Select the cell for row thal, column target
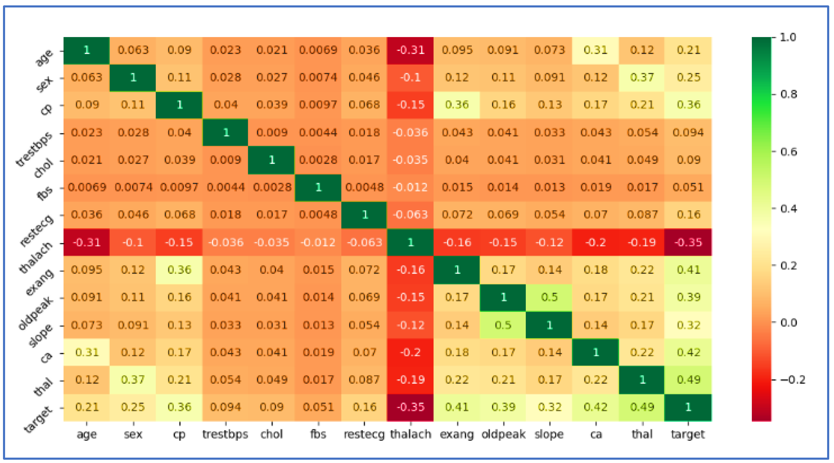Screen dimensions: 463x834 pos(688,380)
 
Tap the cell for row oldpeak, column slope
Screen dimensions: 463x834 pos(549,297)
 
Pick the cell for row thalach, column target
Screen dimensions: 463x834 pos(688,242)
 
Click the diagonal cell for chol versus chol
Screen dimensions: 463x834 pos(272,160)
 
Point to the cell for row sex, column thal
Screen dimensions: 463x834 pos(642,78)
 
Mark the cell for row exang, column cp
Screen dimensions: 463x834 pos(179,270)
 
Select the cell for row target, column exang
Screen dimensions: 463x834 pos(457,407)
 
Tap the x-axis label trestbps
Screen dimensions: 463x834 pos(225,434)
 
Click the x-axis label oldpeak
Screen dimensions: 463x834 pos(503,434)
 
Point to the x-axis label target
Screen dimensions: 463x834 pos(688,434)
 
